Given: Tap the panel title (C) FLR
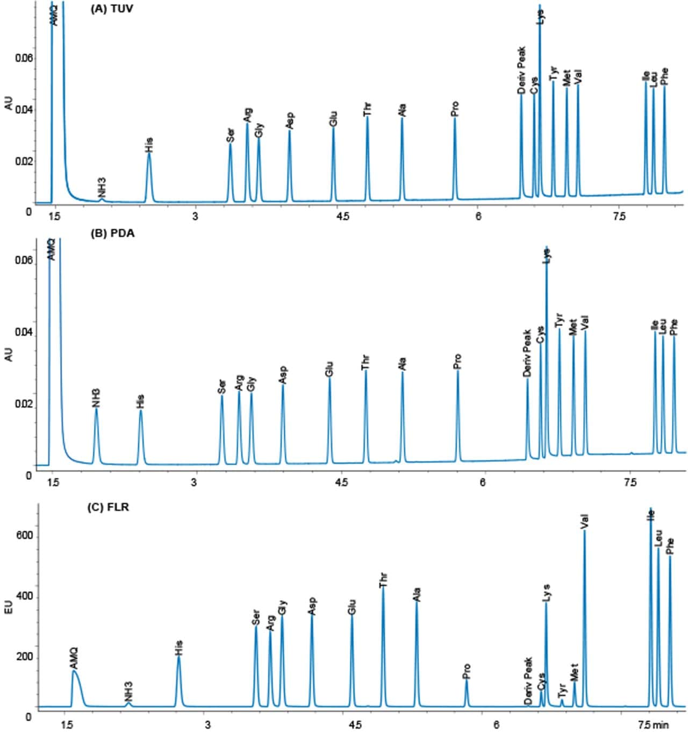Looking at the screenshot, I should [108, 507].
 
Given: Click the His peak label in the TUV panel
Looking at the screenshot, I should [149, 145].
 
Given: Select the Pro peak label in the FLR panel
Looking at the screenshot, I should [467, 671].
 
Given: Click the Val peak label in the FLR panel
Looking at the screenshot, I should [585, 522].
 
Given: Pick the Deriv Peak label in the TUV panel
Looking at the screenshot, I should [521, 70].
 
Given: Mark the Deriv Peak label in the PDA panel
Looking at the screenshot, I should [527, 353].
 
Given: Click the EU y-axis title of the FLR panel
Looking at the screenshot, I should [9, 608].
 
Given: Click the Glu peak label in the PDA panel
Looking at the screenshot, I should [329, 369].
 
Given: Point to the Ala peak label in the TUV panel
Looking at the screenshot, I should [402, 110].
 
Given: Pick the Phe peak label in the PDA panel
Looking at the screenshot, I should [674, 327].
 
